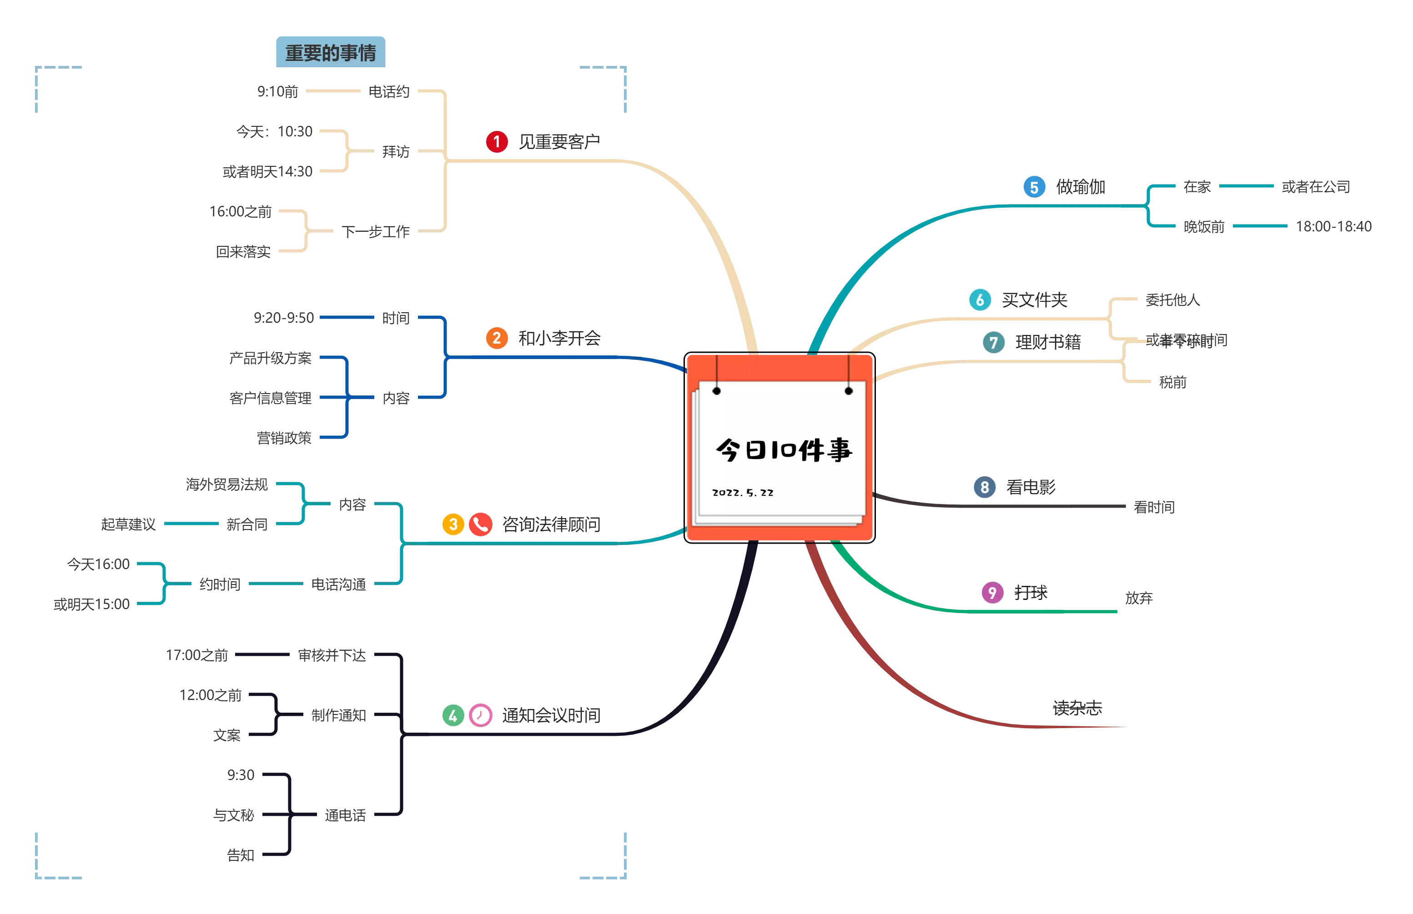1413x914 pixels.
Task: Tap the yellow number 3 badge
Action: (453, 524)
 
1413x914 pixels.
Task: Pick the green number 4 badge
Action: (453, 715)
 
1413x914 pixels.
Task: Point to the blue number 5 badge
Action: (1034, 188)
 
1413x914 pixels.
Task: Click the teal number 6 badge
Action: (980, 300)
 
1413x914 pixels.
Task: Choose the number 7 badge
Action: (993, 342)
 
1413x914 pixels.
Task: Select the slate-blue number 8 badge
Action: (984, 487)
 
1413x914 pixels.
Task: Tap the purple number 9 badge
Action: (992, 592)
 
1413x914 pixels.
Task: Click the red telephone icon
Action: (480, 524)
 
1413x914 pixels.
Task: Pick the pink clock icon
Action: (480, 715)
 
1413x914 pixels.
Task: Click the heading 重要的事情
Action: (331, 53)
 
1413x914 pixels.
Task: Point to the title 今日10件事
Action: (784, 450)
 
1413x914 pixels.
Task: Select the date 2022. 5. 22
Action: (743, 493)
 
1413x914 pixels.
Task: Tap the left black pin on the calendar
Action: (717, 390)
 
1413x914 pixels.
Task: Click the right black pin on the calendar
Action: (849, 390)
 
